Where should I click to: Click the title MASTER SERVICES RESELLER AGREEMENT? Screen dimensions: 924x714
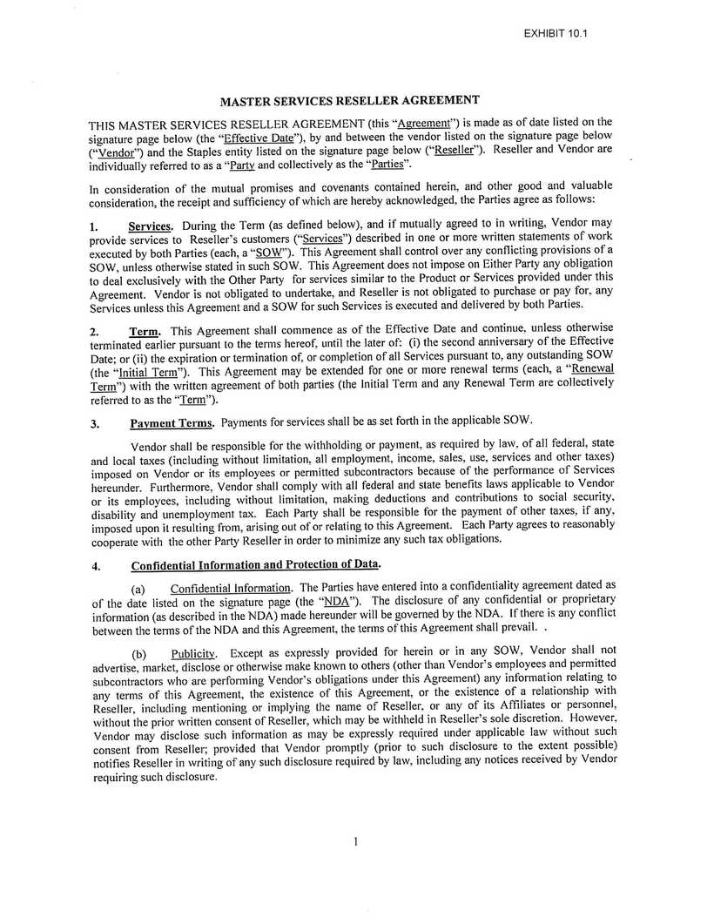[349, 100]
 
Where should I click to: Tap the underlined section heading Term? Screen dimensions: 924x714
[145, 331]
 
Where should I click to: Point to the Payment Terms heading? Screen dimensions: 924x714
[172, 423]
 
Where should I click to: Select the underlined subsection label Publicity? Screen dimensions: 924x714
[192, 653]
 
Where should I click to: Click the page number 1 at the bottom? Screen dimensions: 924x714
[356, 841]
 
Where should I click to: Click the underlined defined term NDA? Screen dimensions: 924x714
[334, 601]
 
